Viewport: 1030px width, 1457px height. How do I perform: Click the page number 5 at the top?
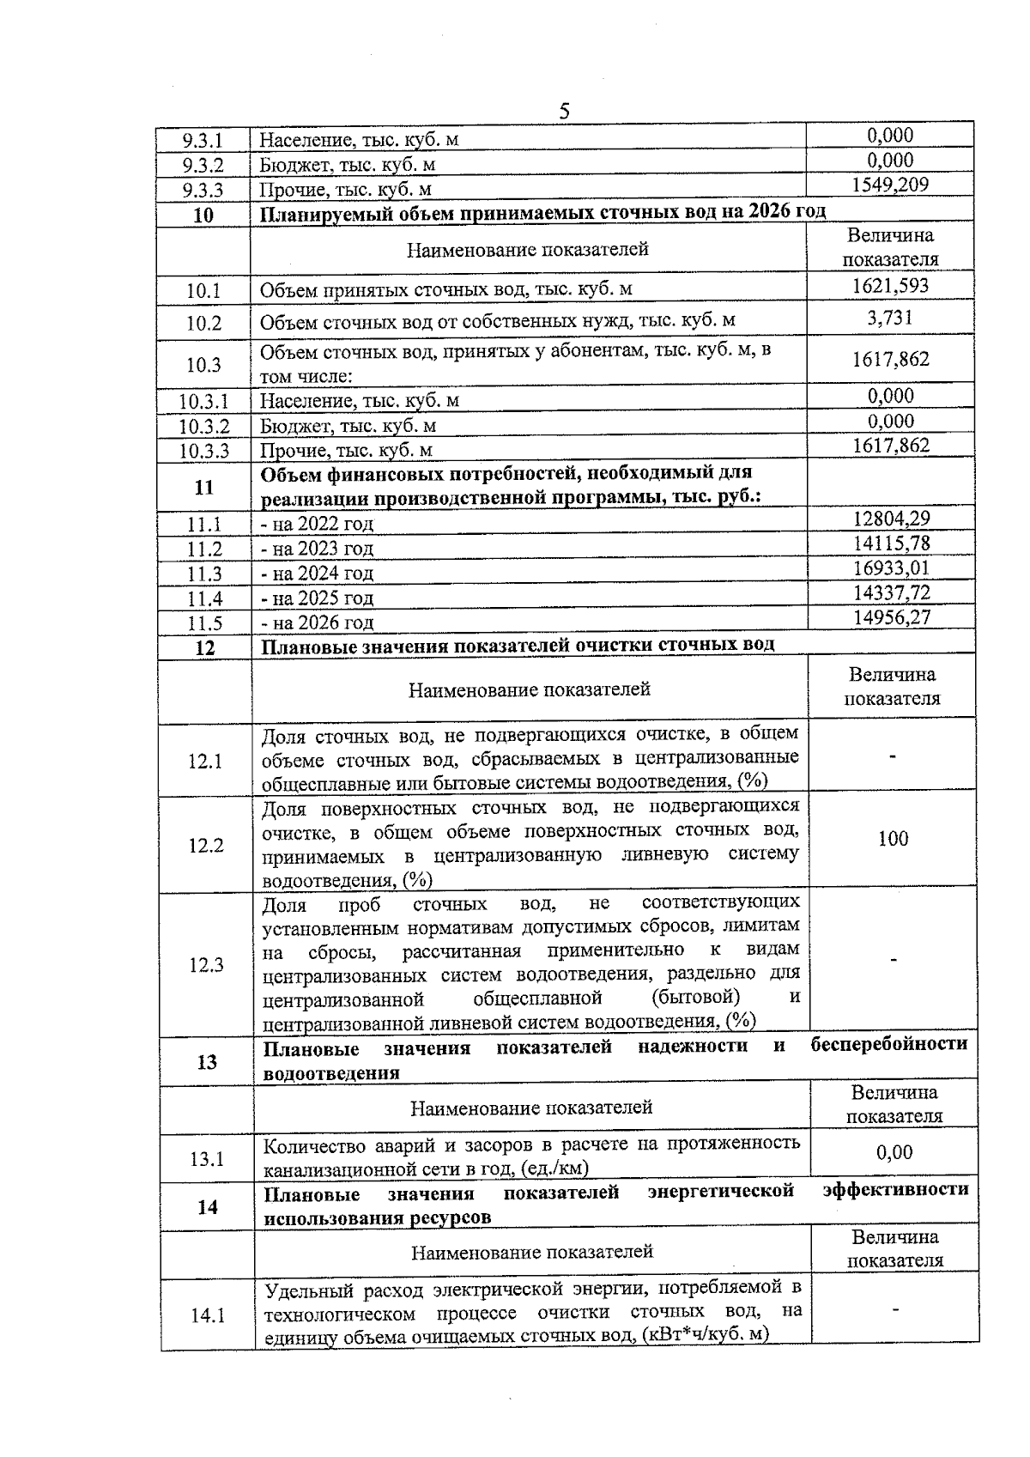(x=564, y=111)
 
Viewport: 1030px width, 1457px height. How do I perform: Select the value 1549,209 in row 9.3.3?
(x=890, y=185)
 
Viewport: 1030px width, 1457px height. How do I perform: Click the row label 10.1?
(x=204, y=291)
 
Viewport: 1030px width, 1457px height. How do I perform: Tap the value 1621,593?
(x=890, y=286)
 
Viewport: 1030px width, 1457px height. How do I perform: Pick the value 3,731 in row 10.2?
(x=890, y=319)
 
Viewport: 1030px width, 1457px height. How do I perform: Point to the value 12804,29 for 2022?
(x=892, y=519)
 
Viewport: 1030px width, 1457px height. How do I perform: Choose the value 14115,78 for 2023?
(x=892, y=543)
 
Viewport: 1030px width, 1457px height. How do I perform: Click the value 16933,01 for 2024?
(x=892, y=568)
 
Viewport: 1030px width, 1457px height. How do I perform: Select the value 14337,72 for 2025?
(x=892, y=593)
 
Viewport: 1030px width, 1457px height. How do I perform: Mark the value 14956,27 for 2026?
(x=892, y=617)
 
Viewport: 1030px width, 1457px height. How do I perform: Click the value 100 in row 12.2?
(x=893, y=839)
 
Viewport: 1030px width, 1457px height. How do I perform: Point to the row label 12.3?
(x=206, y=965)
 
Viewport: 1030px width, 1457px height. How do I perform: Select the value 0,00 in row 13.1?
(x=894, y=1153)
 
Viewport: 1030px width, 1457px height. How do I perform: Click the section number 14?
(x=208, y=1207)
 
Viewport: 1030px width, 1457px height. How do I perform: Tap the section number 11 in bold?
(x=204, y=488)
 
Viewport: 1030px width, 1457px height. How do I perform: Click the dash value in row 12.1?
(x=894, y=756)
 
